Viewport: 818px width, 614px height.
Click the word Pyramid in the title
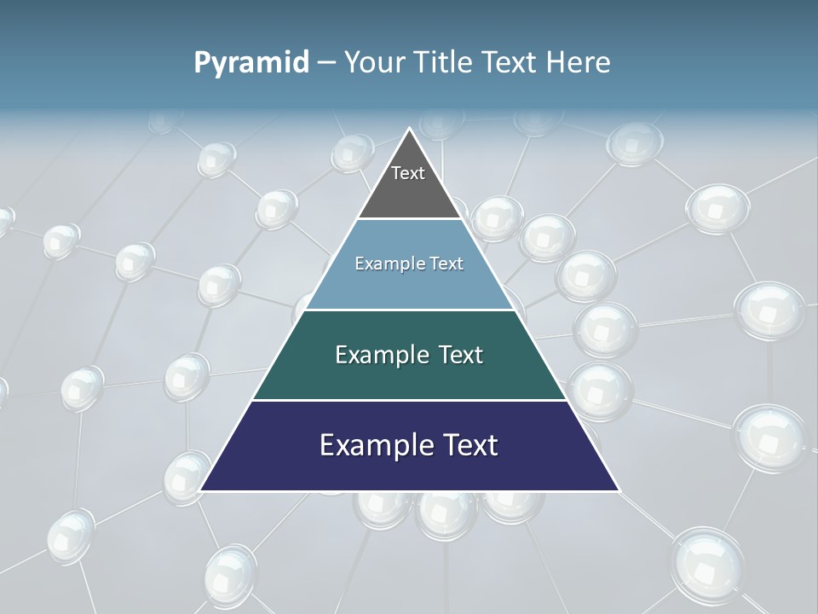pyautogui.click(x=251, y=63)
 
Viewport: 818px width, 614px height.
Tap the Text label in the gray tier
pyautogui.click(x=408, y=173)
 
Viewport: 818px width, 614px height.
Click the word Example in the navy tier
pyautogui.click(x=372, y=445)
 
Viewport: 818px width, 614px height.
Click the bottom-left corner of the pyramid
pyautogui.click(x=201, y=489)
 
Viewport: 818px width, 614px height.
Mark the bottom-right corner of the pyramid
pyautogui.click(x=618, y=489)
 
